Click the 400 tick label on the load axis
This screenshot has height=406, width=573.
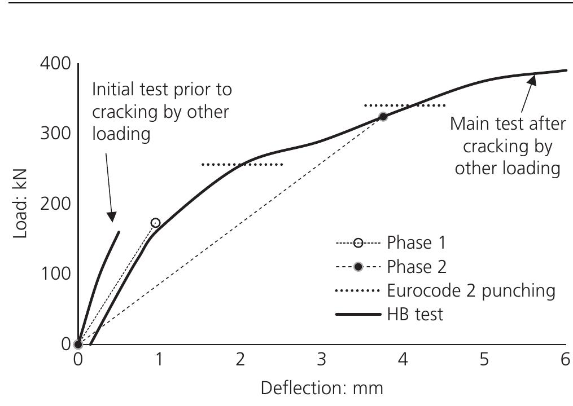(55, 64)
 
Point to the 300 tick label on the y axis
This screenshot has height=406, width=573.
(55, 134)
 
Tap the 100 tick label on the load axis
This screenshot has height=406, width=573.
(55, 274)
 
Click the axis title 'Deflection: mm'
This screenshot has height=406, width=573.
(322, 389)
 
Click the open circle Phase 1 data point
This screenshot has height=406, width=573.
(155, 223)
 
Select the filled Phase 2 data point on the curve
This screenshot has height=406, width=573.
(383, 117)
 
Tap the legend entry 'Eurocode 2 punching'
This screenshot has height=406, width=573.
(471, 290)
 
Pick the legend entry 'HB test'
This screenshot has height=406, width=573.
(415, 314)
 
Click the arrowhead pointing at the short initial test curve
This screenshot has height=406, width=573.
(112, 217)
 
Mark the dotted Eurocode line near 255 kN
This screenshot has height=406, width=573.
(242, 165)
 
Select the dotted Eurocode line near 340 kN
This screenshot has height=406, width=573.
(405, 105)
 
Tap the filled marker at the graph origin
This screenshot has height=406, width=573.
(78, 344)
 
